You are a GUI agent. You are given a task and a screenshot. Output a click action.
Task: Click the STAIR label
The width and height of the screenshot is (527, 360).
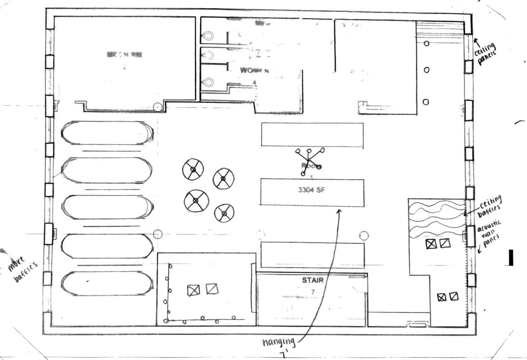click(313, 280)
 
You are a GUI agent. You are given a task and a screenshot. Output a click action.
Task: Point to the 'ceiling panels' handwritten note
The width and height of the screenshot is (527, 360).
click(486, 52)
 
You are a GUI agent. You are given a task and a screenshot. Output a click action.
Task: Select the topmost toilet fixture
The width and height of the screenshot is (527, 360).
click(208, 35)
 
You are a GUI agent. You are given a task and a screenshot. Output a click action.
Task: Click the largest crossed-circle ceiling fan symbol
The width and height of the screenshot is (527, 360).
click(197, 200)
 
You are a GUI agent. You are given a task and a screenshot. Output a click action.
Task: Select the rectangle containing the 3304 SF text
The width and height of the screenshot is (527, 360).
click(311, 192)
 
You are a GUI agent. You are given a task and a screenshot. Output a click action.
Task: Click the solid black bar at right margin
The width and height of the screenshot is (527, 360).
click(511, 257)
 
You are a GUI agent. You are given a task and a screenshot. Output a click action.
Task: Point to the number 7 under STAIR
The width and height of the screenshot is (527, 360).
click(313, 291)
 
